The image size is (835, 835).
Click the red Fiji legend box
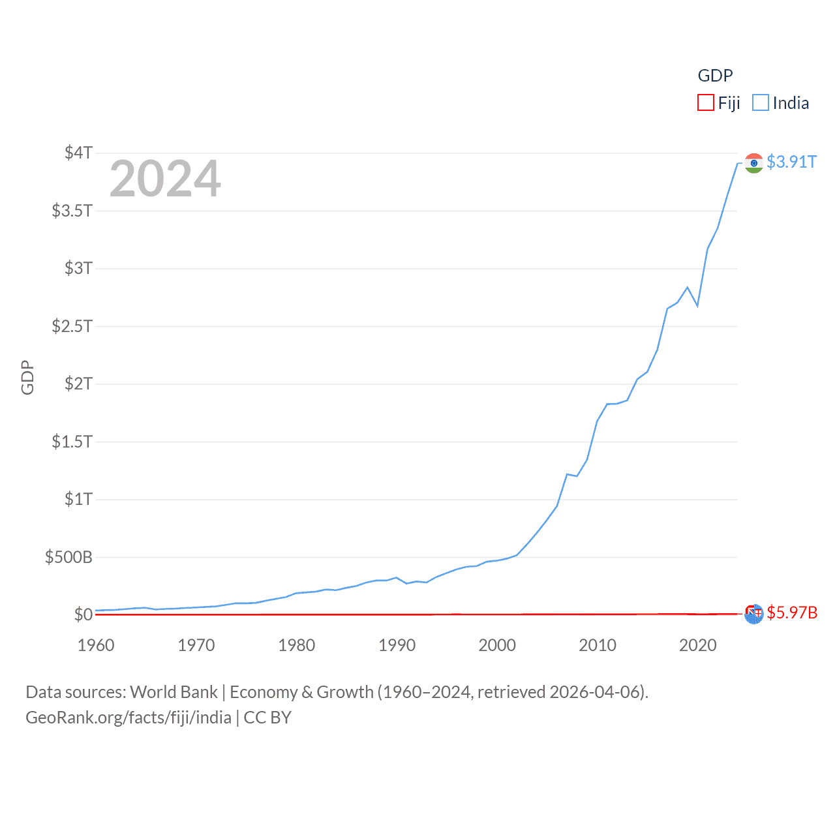click(x=706, y=103)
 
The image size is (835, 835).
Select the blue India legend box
click(x=761, y=103)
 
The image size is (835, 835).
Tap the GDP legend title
click(x=715, y=76)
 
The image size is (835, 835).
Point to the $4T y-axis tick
click(x=78, y=153)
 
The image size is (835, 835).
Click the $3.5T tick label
click(x=72, y=211)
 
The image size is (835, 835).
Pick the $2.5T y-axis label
click(x=72, y=326)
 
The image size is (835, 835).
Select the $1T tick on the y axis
click(x=78, y=499)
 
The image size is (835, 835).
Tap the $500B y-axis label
click(x=68, y=557)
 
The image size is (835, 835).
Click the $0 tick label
click(x=83, y=615)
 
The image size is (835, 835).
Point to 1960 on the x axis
click(x=96, y=645)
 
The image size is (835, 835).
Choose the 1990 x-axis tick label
click(x=397, y=645)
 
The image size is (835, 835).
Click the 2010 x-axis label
click(x=598, y=645)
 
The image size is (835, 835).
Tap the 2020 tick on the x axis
click(x=698, y=645)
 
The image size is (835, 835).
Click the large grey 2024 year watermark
click(x=165, y=179)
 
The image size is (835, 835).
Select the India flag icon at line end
click(x=753, y=163)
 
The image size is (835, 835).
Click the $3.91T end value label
click(x=791, y=162)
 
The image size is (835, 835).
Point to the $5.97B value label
click(x=792, y=613)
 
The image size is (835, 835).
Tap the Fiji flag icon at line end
click(x=753, y=614)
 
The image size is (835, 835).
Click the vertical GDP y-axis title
click(x=27, y=377)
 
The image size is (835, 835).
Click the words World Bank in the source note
click(x=174, y=692)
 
